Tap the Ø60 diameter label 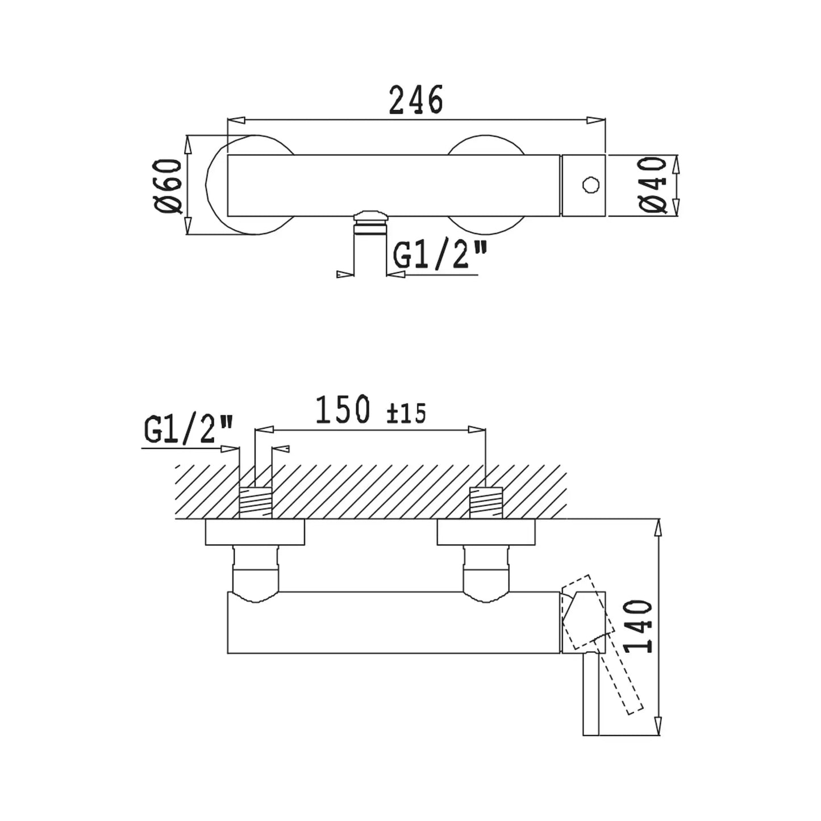click(169, 186)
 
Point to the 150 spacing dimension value click(342, 410)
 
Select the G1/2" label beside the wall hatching click(189, 430)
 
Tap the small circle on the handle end click(590, 185)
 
